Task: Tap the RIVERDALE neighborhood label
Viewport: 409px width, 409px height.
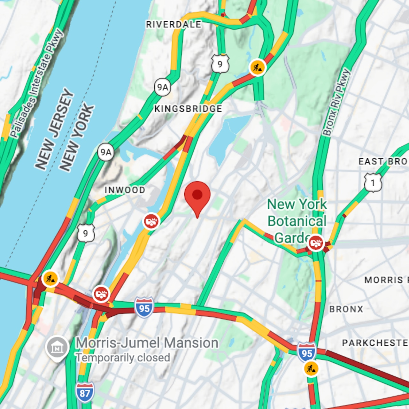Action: point(174,24)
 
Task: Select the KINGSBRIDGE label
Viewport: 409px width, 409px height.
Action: point(188,109)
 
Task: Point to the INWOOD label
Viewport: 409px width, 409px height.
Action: point(125,190)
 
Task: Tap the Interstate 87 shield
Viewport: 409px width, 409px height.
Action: point(85,392)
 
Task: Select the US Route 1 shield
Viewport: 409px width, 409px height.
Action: point(373,183)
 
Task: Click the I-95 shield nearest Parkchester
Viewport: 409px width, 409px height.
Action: point(307,352)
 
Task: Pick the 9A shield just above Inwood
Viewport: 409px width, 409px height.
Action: point(106,152)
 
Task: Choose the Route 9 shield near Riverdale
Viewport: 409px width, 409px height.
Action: point(220,64)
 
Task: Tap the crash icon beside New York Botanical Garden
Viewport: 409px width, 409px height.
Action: point(316,243)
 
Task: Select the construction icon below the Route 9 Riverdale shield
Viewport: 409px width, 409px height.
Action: point(257,67)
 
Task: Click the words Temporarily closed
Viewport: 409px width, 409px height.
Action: point(123,358)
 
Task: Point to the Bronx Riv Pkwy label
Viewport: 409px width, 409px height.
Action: point(336,102)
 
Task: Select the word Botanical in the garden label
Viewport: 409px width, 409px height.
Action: point(297,221)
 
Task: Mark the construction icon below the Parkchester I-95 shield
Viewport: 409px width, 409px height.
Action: point(311,369)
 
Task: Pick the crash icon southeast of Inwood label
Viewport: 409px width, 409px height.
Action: point(151,221)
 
